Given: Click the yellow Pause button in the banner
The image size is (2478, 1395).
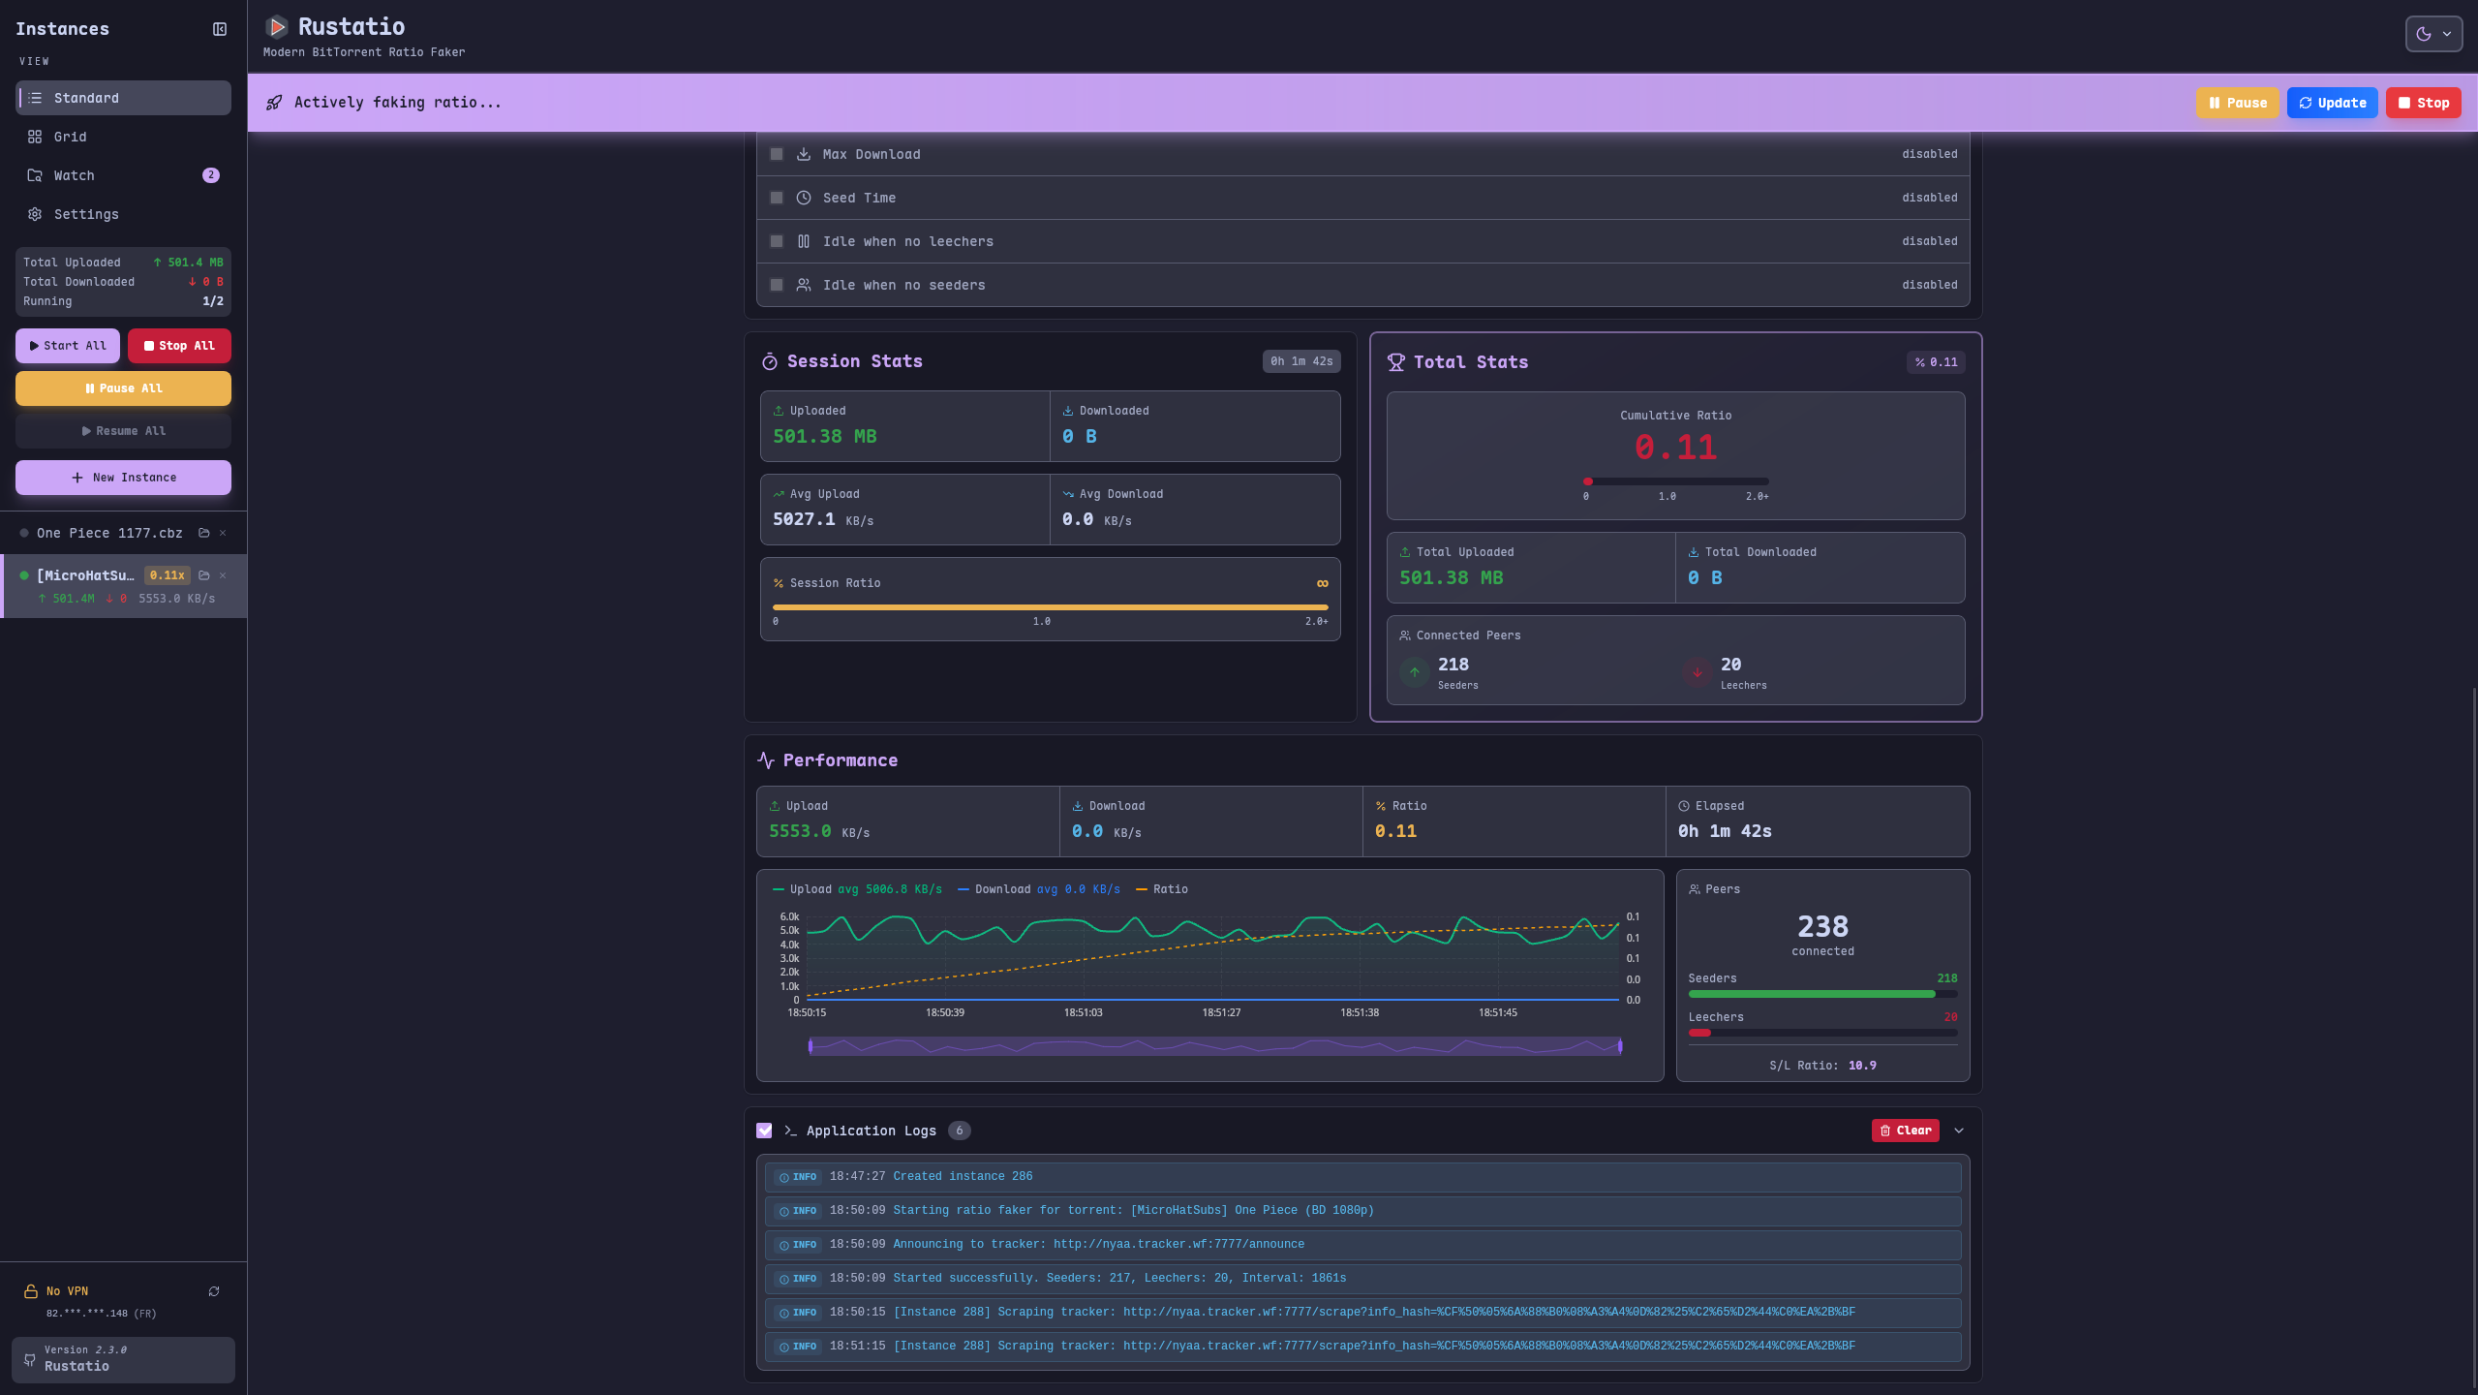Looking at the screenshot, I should click(x=2237, y=103).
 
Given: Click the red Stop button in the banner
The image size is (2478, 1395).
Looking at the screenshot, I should click(x=2423, y=103).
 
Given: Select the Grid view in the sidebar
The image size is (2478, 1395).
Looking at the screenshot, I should click(x=70, y=137).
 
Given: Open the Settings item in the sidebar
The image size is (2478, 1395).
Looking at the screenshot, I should click(x=85, y=214).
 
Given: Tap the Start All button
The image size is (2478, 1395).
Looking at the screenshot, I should click(x=68, y=346).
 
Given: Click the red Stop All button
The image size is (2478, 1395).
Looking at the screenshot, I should click(x=179, y=346).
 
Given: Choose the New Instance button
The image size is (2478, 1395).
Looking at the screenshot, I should click(x=123, y=478).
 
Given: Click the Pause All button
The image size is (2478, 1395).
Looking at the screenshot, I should click(x=123, y=388).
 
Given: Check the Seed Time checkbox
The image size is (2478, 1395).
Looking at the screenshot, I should click(x=777, y=198).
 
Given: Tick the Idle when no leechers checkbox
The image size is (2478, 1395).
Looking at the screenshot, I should click(x=777, y=241).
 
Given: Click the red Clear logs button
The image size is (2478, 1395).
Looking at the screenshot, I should click(x=1905, y=1131).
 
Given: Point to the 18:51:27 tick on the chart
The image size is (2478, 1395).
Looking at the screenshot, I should click(x=1221, y=1012).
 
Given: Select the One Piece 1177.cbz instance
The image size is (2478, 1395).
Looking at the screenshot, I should click(x=109, y=533).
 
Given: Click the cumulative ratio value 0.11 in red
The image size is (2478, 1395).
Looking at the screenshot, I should click(x=1675, y=448).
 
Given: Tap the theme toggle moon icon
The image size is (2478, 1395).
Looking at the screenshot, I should click(x=2423, y=34).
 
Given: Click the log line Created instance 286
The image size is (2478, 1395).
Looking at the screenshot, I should click(x=963, y=1176).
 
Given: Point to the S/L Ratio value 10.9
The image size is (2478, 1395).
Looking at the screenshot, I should click(x=1861, y=1066).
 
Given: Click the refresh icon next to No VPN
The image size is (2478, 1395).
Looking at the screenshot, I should click(x=214, y=1291).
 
